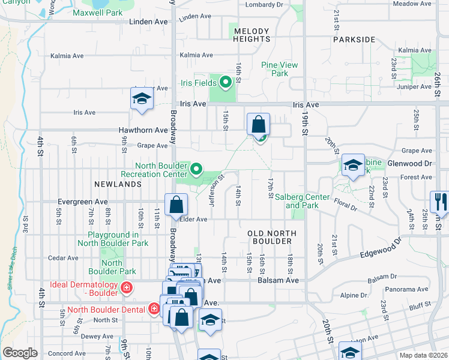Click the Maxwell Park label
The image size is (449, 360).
tap(97, 13)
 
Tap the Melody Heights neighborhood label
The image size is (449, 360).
tap(252, 35)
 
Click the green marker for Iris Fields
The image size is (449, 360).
tap(226, 82)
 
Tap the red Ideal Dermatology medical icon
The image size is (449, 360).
tap(126, 288)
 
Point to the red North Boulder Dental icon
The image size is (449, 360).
tap(154, 309)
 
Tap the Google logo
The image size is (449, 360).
tap(20, 353)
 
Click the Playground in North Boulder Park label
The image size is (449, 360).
tap(118, 239)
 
